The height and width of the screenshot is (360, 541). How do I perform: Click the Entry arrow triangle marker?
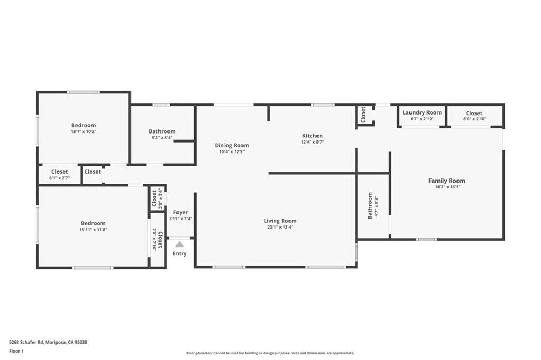click(x=180, y=244)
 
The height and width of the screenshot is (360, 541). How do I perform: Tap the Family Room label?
click(x=446, y=181)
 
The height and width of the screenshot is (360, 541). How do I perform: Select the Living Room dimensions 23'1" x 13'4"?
click(x=280, y=227)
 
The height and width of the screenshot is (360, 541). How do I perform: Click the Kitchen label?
click(x=312, y=136)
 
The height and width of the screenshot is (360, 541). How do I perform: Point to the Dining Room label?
click(x=231, y=145)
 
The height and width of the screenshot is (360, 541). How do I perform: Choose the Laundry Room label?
click(x=422, y=112)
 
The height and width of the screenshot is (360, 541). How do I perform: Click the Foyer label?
click(x=180, y=212)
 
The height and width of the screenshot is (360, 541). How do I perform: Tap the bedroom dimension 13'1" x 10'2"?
click(x=84, y=131)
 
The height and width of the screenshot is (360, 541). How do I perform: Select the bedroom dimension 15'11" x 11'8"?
click(x=93, y=230)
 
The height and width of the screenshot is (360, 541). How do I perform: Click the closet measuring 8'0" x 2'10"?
click(x=474, y=116)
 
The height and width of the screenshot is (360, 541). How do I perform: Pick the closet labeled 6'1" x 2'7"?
click(x=59, y=175)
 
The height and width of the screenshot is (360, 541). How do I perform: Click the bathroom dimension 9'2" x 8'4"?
click(x=162, y=138)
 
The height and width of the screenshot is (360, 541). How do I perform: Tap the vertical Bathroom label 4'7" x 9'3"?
click(x=373, y=206)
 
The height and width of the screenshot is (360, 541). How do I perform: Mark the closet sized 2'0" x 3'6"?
click(x=157, y=199)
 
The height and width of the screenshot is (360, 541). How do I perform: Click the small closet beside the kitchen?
click(x=363, y=115)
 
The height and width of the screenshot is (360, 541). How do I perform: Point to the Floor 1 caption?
click(x=16, y=350)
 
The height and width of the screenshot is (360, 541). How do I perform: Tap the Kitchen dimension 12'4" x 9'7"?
click(x=312, y=142)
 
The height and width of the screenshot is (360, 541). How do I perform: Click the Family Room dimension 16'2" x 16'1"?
click(x=446, y=187)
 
